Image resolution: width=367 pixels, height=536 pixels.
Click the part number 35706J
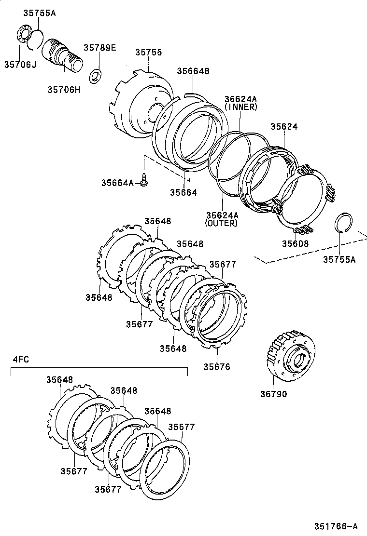pos(21,64)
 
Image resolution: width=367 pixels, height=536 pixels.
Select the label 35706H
pos(64,89)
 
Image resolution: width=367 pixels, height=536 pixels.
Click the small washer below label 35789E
pos(97,75)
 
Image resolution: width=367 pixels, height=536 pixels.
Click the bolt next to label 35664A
pos(143,181)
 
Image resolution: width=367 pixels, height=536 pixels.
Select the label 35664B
pos(192,71)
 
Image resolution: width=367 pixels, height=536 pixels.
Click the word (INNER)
pos(240,107)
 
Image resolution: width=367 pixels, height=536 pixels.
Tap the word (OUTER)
pos(221,223)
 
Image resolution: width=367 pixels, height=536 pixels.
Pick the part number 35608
pos(296,244)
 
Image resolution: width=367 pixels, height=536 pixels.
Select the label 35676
pos(216,367)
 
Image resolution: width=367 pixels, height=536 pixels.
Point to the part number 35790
pos(273,394)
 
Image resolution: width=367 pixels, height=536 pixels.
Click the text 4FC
pos(21,359)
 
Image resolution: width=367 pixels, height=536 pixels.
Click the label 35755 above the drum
pos(148,53)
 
